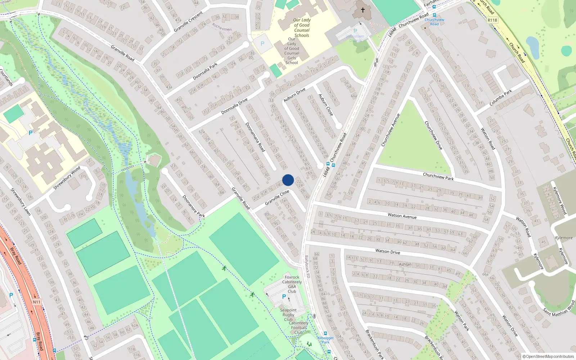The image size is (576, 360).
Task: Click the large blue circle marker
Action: pyautogui.click(x=288, y=180)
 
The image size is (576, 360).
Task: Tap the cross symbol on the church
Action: pyautogui.click(x=363, y=10)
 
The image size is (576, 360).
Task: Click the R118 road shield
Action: pyautogui.click(x=492, y=20)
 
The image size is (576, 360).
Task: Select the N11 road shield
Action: pyautogui.click(x=36, y=302)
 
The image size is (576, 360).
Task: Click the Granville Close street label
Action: pyautogui.click(x=277, y=198)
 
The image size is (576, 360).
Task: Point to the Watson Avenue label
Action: pyautogui.click(x=402, y=216)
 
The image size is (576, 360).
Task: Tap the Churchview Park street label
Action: pyautogui.click(x=438, y=176)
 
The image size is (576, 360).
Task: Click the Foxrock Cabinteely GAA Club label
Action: pyautogui.click(x=292, y=284)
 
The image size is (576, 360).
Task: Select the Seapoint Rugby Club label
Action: pyautogui.click(x=288, y=315)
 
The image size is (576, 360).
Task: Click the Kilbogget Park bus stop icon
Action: pyautogui.click(x=325, y=333)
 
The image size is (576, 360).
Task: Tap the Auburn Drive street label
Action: pyautogui.click(x=294, y=95)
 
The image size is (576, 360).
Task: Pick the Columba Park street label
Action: pyautogui.click(x=500, y=98)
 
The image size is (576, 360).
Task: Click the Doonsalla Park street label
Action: pyautogui.click(x=205, y=71)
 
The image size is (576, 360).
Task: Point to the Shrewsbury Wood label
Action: pyautogui.click(x=67, y=178)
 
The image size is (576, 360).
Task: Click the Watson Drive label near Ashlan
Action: pyautogui.click(x=387, y=251)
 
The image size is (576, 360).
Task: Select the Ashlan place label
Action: pyautogui.click(x=405, y=264)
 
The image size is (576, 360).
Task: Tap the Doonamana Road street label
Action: pyautogui.click(x=255, y=137)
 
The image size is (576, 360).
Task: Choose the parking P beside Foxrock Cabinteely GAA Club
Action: pyautogui.click(x=284, y=297)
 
